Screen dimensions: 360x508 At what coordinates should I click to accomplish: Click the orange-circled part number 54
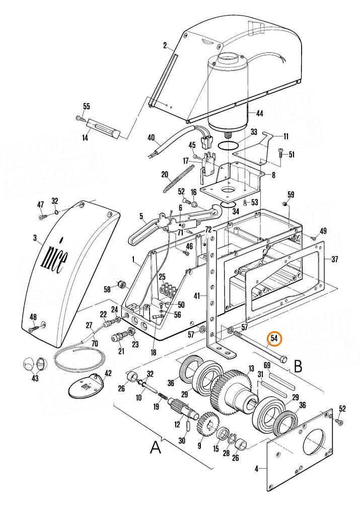click(x=274, y=338)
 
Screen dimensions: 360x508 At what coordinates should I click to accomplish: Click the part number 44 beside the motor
click(x=259, y=113)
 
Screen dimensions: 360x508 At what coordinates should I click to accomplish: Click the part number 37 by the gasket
click(x=335, y=259)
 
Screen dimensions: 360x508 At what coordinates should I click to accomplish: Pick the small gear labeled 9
click(x=209, y=424)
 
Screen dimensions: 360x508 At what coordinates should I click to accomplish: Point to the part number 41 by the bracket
click(x=197, y=296)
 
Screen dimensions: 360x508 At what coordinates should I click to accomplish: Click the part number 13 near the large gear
click(x=251, y=369)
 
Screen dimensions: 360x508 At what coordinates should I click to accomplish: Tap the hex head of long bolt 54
click(x=283, y=359)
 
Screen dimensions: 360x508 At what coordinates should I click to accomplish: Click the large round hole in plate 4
click(x=313, y=441)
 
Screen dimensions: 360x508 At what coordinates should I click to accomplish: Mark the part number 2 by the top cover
click(x=165, y=45)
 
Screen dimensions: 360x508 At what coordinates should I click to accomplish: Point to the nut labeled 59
click(x=284, y=203)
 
